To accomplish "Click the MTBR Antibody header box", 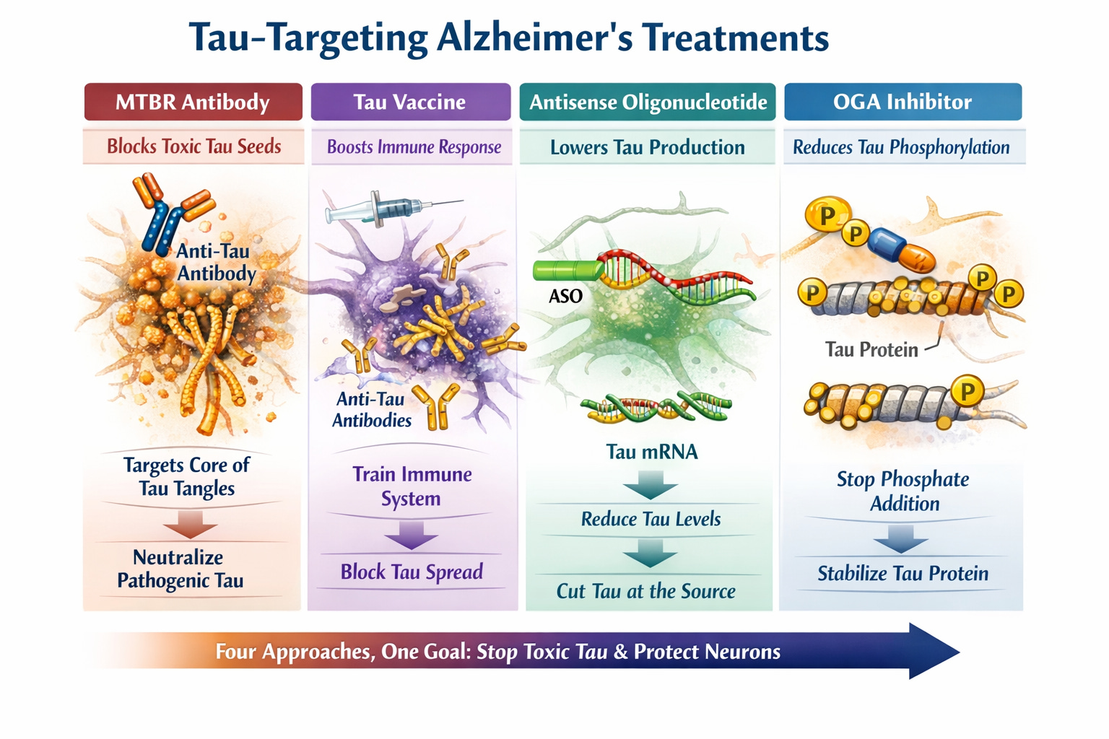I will (193, 102).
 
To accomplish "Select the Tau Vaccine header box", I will (410, 102).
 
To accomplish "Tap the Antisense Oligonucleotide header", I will (648, 102).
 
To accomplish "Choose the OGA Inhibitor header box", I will (903, 102).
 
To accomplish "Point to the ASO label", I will (565, 296).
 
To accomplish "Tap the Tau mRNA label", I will (652, 452).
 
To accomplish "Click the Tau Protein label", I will (871, 350).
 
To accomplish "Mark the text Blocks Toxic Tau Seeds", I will (193, 147).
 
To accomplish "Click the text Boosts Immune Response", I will (414, 147).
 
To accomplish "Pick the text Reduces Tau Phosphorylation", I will (901, 147).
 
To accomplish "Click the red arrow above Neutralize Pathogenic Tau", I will (190, 524).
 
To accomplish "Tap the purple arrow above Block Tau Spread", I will (410, 535).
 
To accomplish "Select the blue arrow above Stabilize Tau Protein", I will (900, 538).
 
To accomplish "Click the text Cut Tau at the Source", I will (645, 591).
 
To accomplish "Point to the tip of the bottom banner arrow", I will (957, 652).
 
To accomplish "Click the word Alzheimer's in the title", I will (534, 38).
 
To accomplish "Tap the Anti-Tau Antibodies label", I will (371, 409).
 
